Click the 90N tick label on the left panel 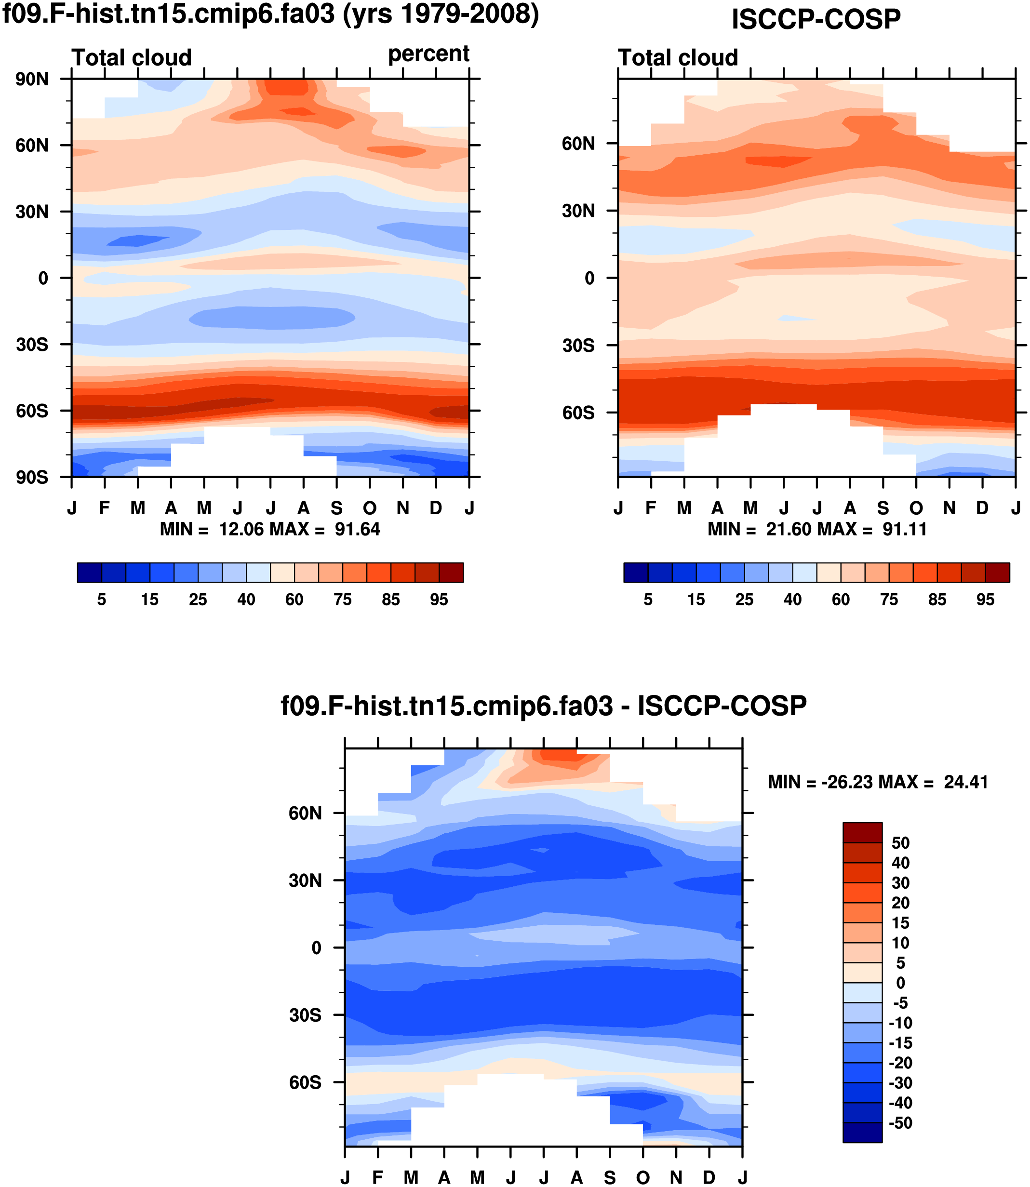[32, 80]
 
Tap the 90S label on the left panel [32, 478]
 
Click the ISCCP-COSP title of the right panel [816, 20]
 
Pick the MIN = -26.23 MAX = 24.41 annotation [878, 782]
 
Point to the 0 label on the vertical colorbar [901, 983]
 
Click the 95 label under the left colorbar [439, 600]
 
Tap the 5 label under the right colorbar [648, 600]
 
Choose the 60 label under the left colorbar [294, 600]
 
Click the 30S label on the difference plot [305, 1015]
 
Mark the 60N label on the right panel [578, 144]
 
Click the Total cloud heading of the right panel [678, 57]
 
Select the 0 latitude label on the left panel [43, 279]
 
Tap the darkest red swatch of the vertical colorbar [862, 832]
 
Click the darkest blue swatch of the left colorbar [90, 573]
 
